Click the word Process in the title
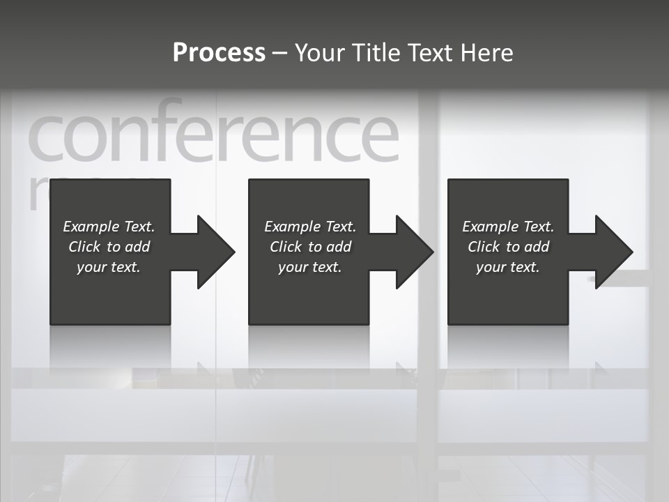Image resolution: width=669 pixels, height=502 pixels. (x=219, y=53)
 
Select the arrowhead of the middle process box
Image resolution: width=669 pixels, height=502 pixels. (x=413, y=252)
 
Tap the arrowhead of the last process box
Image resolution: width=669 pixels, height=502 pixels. (x=613, y=252)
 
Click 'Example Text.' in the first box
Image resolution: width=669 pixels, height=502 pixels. (x=109, y=227)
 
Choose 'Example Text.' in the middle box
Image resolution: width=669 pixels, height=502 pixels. (x=310, y=227)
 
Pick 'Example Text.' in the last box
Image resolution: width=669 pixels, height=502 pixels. (x=508, y=227)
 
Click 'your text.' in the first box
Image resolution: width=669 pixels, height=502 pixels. (x=109, y=267)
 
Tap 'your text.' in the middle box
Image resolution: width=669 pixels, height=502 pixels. (x=310, y=267)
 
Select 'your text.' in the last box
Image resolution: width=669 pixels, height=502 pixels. (x=508, y=267)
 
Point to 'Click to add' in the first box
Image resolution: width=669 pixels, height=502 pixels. (x=109, y=247)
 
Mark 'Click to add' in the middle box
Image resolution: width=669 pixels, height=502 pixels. (x=310, y=247)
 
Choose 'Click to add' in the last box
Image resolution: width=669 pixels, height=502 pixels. (x=508, y=247)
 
